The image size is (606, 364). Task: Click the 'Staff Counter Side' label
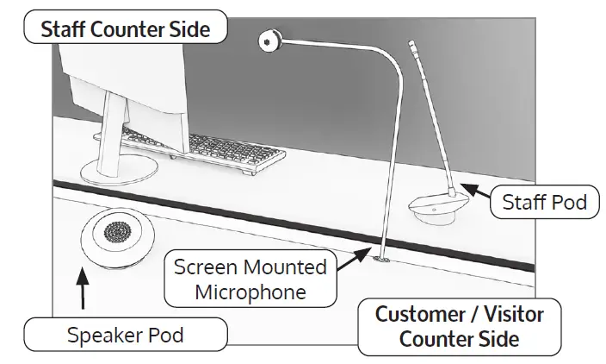tap(126, 28)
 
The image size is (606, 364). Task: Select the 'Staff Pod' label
tap(545, 203)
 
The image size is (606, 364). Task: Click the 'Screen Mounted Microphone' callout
tap(250, 279)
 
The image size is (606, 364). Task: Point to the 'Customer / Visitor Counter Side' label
tap(459, 325)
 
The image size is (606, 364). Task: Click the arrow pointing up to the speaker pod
tap(83, 292)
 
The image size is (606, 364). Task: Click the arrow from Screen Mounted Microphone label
tap(351, 259)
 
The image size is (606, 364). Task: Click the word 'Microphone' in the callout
tap(250, 292)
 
